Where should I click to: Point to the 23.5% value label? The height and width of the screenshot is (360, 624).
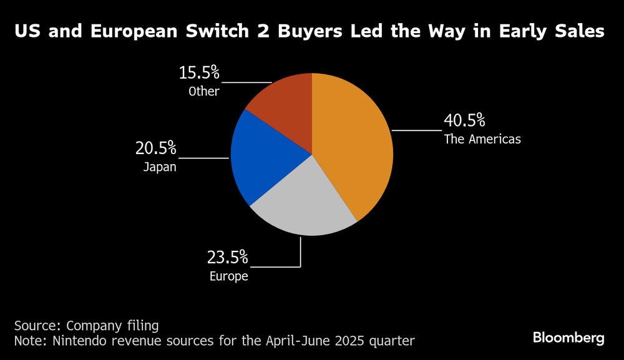click(227, 257)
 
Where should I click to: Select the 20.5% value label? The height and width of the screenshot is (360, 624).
click(155, 148)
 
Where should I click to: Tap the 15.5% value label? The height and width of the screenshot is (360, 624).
click(199, 73)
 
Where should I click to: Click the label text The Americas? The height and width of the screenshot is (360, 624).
click(482, 139)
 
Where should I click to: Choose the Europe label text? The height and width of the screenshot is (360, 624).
click(228, 276)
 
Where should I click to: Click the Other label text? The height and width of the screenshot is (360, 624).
click(204, 92)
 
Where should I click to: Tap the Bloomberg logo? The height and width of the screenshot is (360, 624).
click(568, 338)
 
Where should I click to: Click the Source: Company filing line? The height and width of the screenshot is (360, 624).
click(87, 325)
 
